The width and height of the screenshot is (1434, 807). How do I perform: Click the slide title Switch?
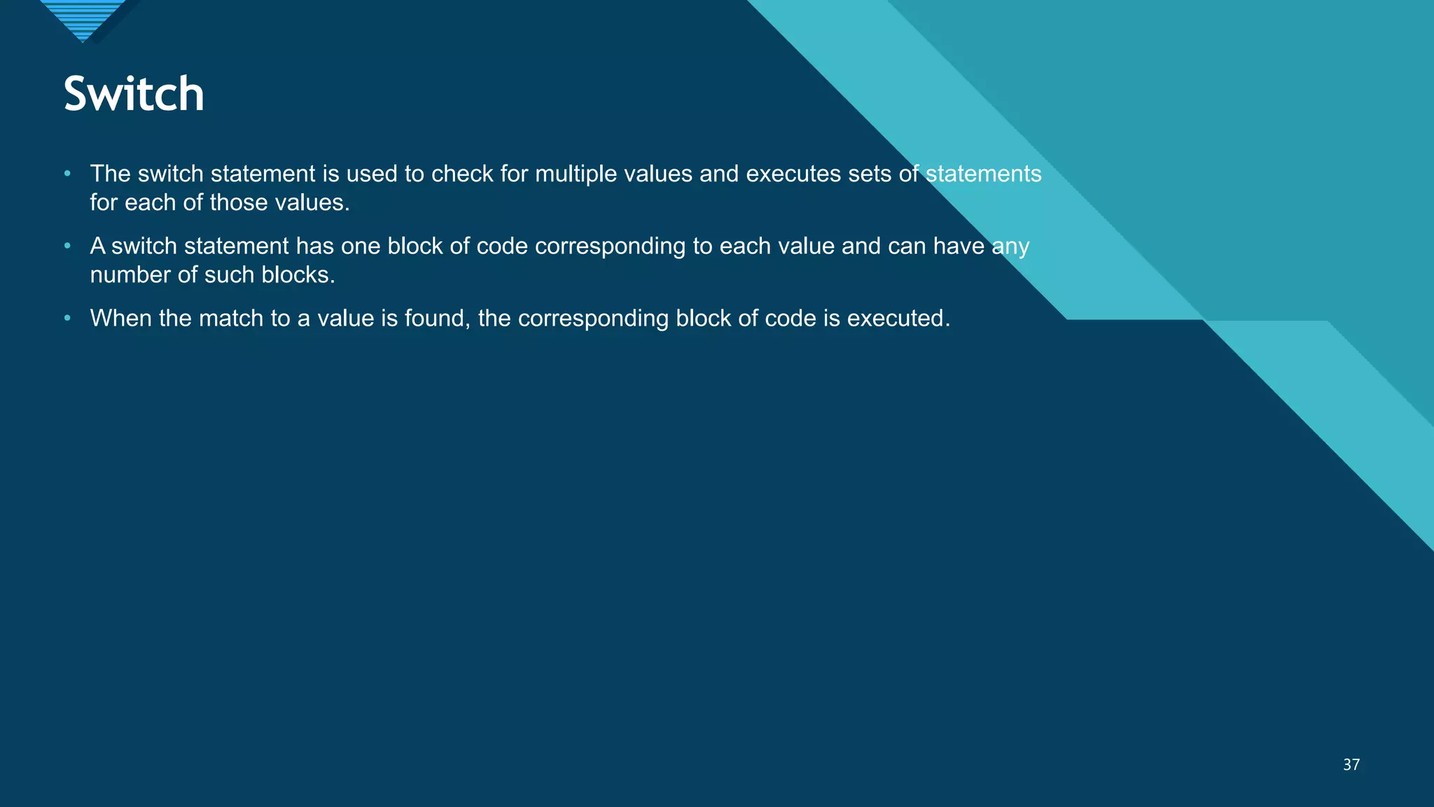134,95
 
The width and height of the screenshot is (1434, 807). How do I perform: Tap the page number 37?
1351,765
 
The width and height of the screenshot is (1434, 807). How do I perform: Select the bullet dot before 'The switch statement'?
67,173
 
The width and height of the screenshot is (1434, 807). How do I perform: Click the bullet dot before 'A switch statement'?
67,246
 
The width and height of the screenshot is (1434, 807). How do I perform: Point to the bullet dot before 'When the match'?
67,318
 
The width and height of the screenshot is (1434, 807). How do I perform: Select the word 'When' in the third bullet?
120,319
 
